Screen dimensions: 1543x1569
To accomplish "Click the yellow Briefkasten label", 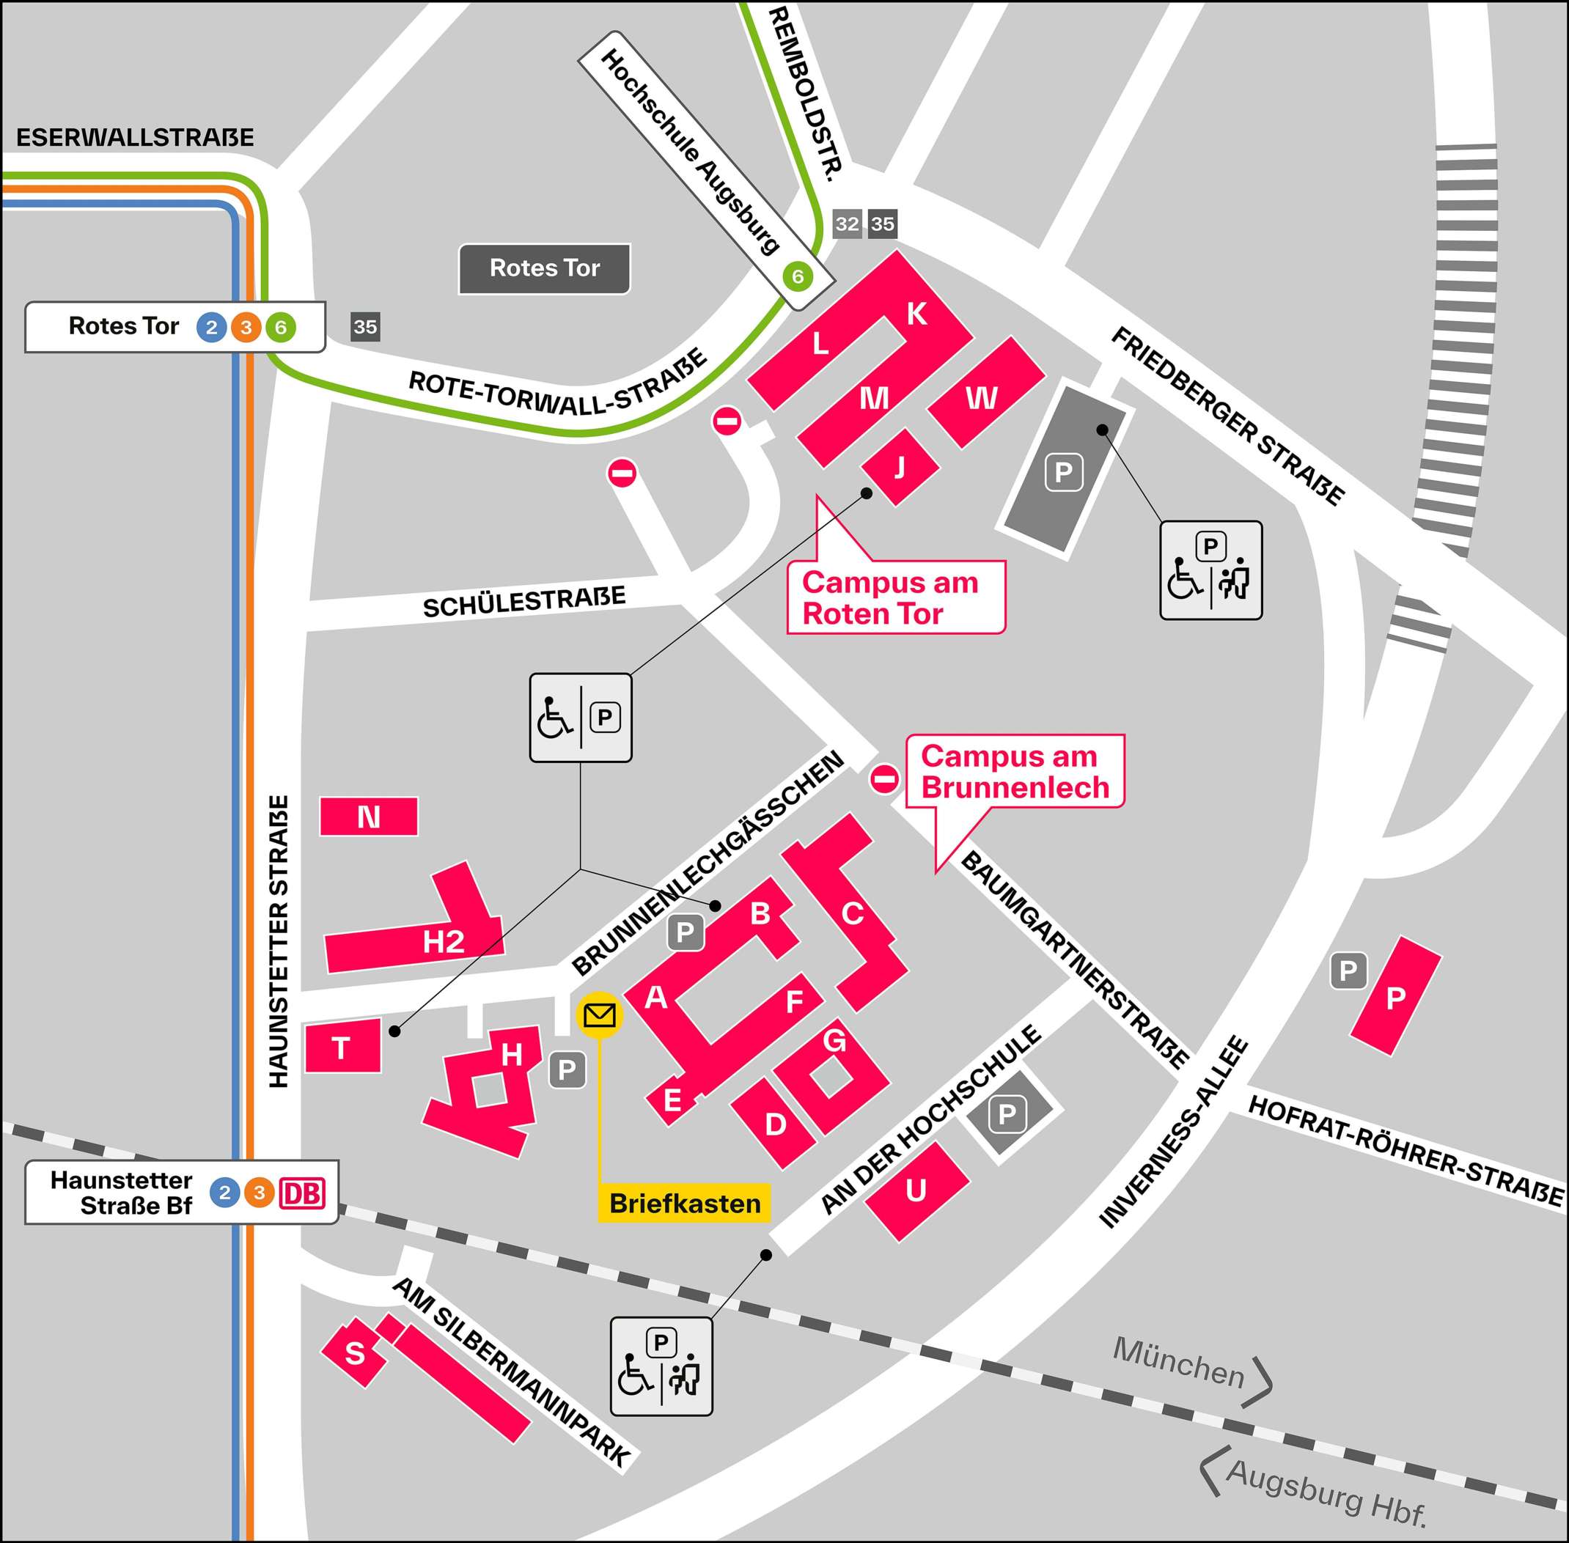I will [684, 1204].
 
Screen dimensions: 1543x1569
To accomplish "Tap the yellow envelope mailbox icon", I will [599, 1014].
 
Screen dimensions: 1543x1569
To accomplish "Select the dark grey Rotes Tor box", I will [544, 268].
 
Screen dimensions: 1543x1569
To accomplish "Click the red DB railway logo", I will [301, 1193].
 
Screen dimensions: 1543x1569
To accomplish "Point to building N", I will [369, 817].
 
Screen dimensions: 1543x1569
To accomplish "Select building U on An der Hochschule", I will [916, 1190].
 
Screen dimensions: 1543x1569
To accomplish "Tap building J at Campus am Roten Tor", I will [900, 468].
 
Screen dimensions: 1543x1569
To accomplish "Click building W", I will [982, 397].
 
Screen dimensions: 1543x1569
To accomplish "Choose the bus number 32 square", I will [847, 224].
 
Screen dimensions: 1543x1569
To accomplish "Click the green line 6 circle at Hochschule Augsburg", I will [798, 276].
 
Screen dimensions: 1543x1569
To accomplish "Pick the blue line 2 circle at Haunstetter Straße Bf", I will [224, 1193].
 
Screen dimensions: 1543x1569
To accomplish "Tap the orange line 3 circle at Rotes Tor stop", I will [246, 328].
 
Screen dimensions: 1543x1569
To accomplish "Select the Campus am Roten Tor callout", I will [894, 597].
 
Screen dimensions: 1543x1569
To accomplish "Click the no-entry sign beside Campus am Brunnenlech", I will [884, 778].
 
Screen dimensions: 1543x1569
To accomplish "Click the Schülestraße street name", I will [523, 602].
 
